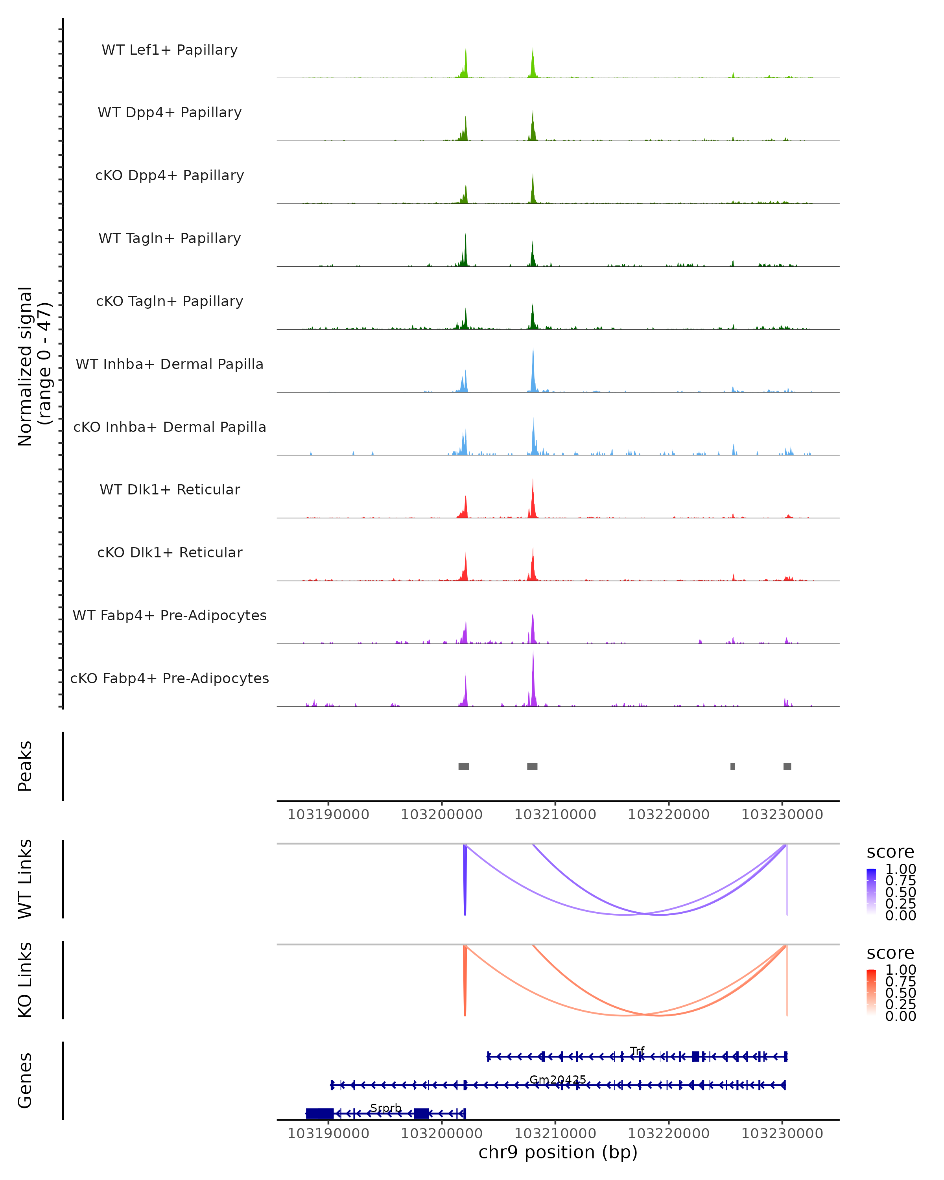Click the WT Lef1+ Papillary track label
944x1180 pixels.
pos(170,50)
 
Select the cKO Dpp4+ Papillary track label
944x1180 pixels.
pos(170,176)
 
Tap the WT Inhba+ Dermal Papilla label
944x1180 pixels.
pos(170,365)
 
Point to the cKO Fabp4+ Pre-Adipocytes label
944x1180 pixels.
pos(170,678)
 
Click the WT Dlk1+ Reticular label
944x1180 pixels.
pos(170,490)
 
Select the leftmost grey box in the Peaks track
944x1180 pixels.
pos(463,766)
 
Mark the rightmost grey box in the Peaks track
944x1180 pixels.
pos(787,766)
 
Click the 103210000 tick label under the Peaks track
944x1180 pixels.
pos(555,815)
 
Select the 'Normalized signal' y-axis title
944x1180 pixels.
pos(25,366)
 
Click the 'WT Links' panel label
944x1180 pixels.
pos(25,879)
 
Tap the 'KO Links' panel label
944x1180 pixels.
pos(25,980)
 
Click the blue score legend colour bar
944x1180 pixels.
pos(871,892)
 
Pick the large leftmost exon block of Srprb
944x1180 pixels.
pos(320,1113)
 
